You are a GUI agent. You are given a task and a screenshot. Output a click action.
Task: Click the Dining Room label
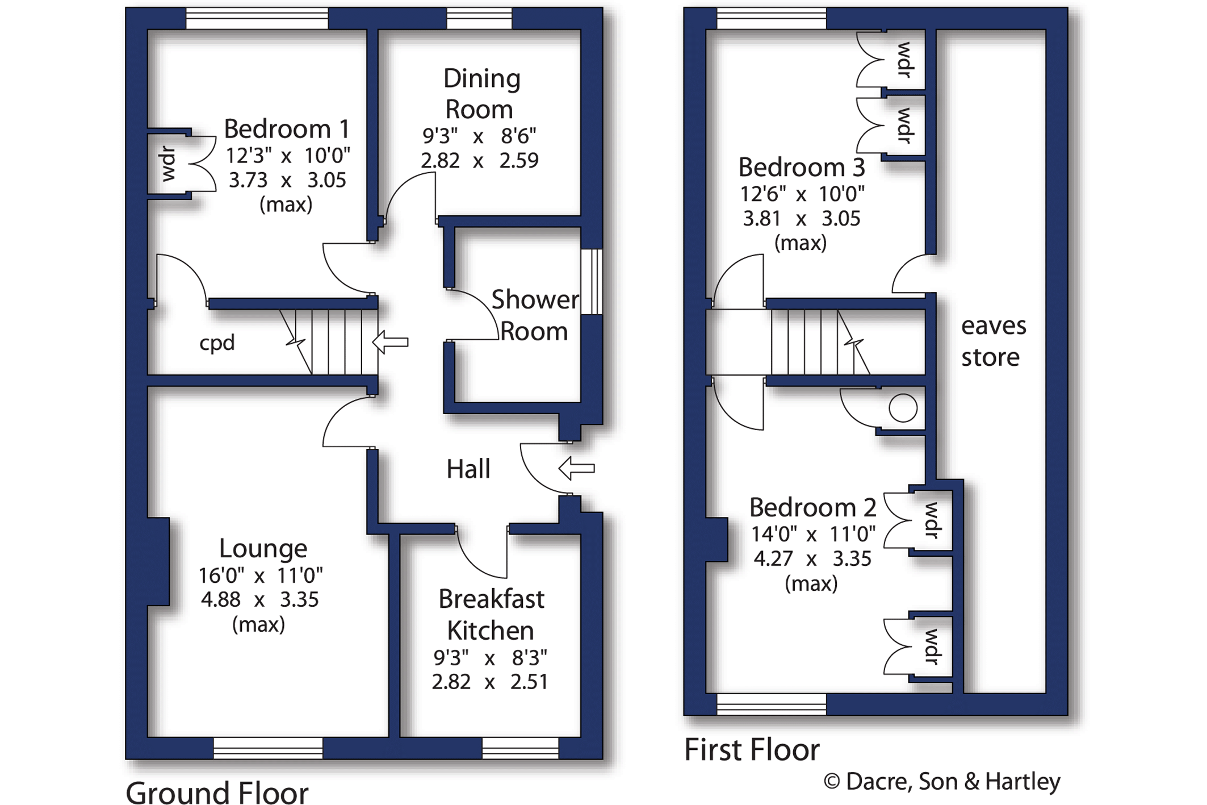pyautogui.click(x=481, y=94)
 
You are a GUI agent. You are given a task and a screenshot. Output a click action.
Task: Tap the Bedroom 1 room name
pyautogui.click(x=287, y=130)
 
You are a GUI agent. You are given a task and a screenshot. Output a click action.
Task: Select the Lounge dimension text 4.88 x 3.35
pyautogui.click(x=260, y=599)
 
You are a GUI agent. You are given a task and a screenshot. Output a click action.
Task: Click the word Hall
pyautogui.click(x=468, y=469)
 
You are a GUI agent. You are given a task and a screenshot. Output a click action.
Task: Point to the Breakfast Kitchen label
pyautogui.click(x=491, y=615)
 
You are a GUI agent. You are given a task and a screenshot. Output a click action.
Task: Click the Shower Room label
pyautogui.click(x=535, y=315)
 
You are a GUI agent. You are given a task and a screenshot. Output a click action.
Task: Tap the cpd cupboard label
pyautogui.click(x=217, y=343)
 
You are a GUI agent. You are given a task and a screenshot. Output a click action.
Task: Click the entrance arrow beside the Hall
pyautogui.click(x=577, y=469)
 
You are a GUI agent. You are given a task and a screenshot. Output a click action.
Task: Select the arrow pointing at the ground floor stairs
pyautogui.click(x=390, y=342)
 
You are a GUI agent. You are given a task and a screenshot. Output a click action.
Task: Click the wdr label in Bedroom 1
pyautogui.click(x=169, y=164)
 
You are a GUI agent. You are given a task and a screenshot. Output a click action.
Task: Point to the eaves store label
pyautogui.click(x=994, y=341)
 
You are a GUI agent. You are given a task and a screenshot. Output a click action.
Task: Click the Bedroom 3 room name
pyautogui.click(x=802, y=168)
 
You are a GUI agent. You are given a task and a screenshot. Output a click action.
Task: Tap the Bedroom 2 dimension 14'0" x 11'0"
pyautogui.click(x=813, y=534)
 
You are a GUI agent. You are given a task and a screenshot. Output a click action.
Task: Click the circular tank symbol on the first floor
pyautogui.click(x=903, y=408)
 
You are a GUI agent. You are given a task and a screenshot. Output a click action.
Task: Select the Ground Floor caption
pyautogui.click(x=217, y=792)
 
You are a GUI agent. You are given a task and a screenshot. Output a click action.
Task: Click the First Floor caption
pyautogui.click(x=752, y=749)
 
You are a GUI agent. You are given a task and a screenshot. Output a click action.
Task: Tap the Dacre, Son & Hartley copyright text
pyautogui.click(x=942, y=782)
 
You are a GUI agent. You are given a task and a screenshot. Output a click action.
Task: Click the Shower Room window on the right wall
pyautogui.click(x=592, y=282)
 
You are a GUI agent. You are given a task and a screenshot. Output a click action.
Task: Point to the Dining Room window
pyautogui.click(x=479, y=18)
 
